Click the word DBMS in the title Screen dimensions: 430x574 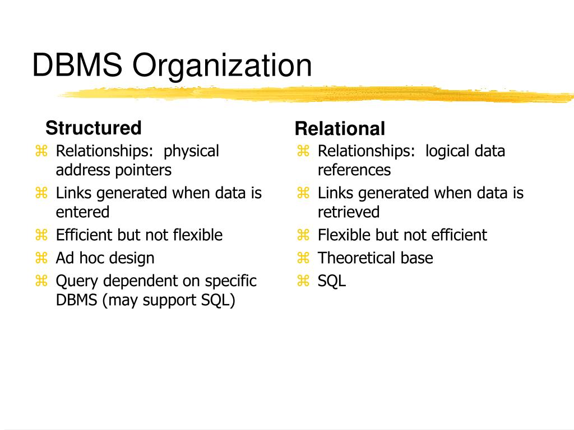pos(76,66)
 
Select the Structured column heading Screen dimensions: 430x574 pos(94,128)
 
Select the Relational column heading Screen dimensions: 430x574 pos(340,129)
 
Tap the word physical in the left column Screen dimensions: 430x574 pos(191,151)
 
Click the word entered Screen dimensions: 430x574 pos(82,212)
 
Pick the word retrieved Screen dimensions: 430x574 pos(349,212)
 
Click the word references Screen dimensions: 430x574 pos(354,170)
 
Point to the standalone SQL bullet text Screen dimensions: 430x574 pos(332,281)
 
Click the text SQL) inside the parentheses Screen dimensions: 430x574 pos(219,300)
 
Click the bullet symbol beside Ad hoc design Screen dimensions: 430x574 pos(41,258)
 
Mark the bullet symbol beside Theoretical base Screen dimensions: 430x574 pos(303,258)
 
